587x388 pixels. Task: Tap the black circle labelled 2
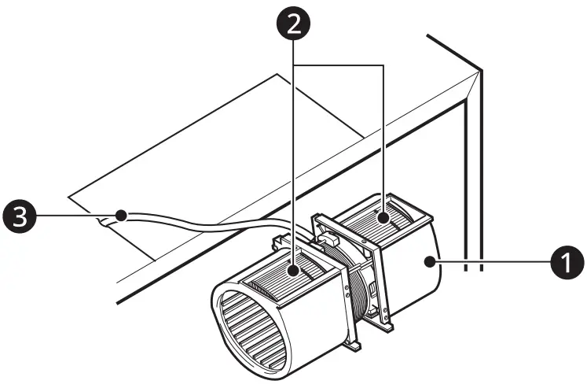coord(293,24)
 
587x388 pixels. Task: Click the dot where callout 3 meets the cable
coord(120,214)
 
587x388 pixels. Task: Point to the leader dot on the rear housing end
coord(430,261)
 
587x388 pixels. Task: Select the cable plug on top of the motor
coord(328,234)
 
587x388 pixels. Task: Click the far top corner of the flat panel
coord(277,74)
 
